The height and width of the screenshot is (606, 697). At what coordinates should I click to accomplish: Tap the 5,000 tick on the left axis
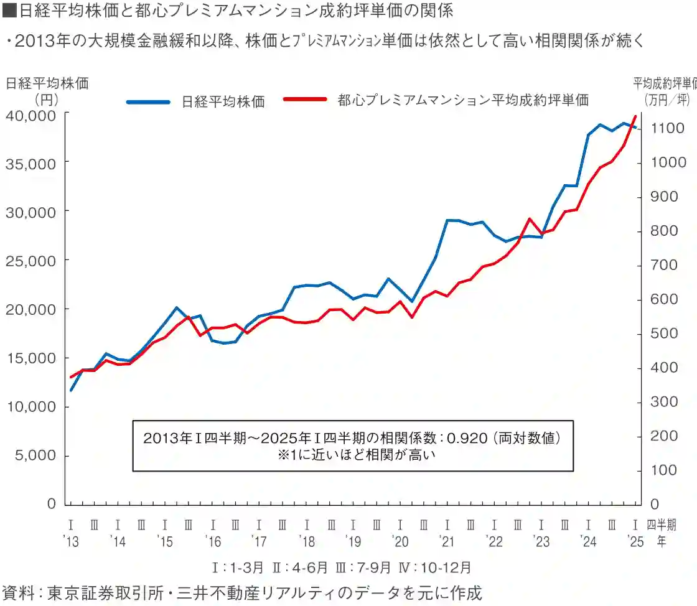tap(38, 455)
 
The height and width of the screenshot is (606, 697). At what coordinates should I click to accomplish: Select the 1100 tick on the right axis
tap(668, 128)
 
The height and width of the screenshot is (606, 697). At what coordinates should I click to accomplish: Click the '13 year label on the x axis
tap(72, 542)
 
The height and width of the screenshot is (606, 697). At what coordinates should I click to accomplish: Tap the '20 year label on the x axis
tap(400, 542)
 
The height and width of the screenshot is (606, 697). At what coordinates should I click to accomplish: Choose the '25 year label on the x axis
tap(635, 542)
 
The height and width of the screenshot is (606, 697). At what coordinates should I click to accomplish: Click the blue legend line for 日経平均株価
tap(148, 101)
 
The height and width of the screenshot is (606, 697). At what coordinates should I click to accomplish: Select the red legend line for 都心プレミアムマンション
tap(304, 100)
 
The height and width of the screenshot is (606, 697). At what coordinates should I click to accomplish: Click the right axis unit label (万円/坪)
tap(667, 98)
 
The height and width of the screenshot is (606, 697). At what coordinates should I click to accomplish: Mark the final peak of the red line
tap(635, 116)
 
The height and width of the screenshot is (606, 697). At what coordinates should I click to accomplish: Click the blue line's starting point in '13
tap(72, 390)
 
